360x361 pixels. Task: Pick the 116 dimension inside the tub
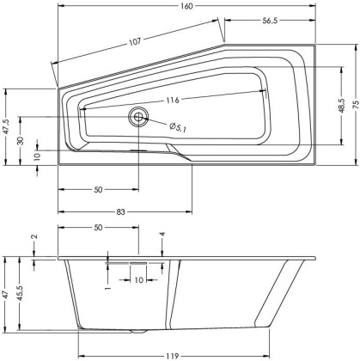tap(175, 100)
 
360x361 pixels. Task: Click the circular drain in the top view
tap(137, 118)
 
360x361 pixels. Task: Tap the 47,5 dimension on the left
tap(7, 127)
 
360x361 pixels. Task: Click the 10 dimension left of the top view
tap(37, 156)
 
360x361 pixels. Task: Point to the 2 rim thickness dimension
tap(34, 238)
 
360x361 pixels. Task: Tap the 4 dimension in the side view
tap(161, 234)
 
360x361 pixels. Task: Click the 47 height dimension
tap(7, 294)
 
